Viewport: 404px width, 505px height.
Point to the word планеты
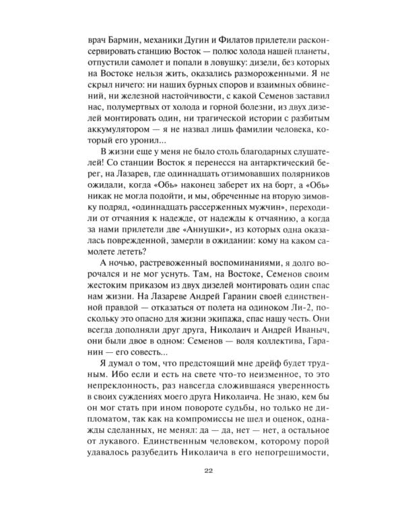[x=308, y=53]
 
